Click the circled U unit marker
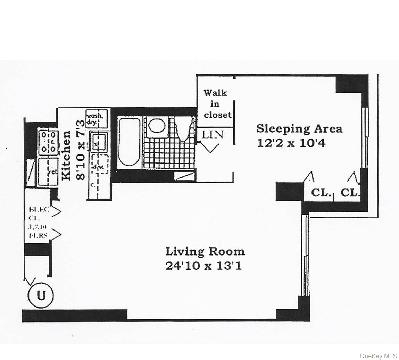[x=41, y=296]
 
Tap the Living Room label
[x=205, y=251]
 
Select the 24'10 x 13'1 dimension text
[x=203, y=266]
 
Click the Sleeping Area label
[x=299, y=129]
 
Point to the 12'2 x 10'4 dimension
[x=291, y=143]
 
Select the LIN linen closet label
[x=213, y=134]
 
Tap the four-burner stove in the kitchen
[x=48, y=142]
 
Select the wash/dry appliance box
[x=97, y=118]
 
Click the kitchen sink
[x=99, y=141]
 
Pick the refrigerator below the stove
[x=48, y=172]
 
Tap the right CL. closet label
[x=350, y=192]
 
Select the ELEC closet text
[x=39, y=210]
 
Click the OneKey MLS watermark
[x=378, y=356]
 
